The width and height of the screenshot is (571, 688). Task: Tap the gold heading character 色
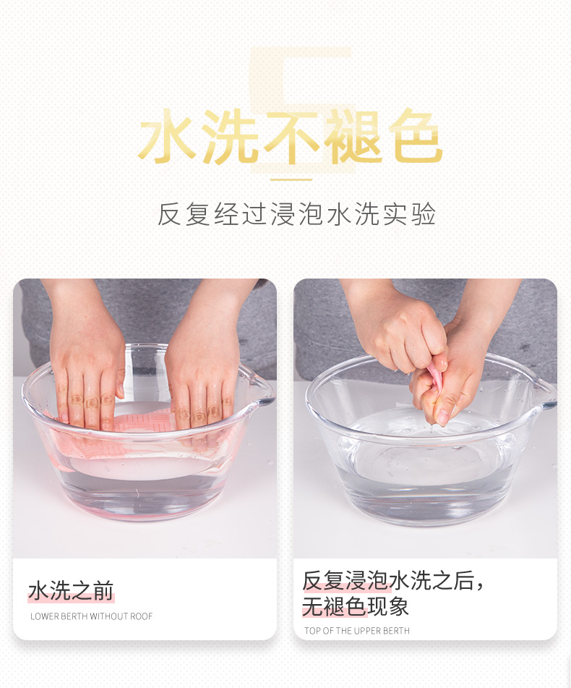(x=415, y=137)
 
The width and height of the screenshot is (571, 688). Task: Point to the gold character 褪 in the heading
(x=353, y=137)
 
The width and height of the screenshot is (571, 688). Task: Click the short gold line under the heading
(x=291, y=179)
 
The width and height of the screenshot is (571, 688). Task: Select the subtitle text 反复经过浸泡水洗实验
(x=296, y=214)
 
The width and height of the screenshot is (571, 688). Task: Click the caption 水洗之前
(x=71, y=590)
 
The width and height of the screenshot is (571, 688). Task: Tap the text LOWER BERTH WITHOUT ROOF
(x=91, y=616)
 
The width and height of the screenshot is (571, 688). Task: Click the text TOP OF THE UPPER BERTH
(x=357, y=631)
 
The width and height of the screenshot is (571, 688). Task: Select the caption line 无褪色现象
(x=356, y=606)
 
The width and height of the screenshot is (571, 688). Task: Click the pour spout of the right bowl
(x=545, y=394)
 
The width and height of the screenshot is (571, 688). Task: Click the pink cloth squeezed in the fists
(x=434, y=378)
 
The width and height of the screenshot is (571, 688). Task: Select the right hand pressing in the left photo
(x=202, y=364)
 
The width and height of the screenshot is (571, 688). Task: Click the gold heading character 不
(x=292, y=137)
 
